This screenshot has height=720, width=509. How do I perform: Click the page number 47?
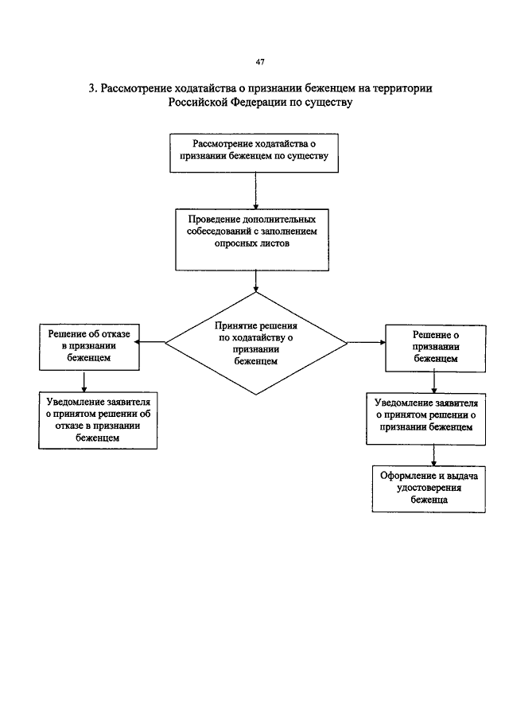(260, 62)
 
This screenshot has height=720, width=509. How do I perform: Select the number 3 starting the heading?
(91, 88)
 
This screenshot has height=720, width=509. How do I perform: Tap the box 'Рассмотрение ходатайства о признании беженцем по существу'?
(254, 153)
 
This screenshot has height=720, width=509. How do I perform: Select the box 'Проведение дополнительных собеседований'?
(252, 239)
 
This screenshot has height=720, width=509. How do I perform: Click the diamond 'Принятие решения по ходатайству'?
(255, 343)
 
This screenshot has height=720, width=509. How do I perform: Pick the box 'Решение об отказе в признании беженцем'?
(89, 347)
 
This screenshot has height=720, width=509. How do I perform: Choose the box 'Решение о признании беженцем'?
(436, 348)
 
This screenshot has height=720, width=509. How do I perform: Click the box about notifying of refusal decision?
(98, 420)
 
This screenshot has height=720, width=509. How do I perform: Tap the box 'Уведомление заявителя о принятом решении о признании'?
(426, 418)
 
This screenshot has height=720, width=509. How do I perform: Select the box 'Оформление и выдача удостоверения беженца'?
(429, 489)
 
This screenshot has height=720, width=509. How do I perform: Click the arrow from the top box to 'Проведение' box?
(255, 191)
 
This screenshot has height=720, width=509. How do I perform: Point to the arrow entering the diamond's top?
(255, 282)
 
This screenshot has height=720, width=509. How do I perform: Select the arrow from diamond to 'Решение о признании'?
(367, 343)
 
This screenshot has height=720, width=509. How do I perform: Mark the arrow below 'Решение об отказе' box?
(84, 381)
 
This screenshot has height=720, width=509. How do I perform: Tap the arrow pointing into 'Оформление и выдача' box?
(433, 456)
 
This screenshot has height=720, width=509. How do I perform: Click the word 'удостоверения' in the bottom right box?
(429, 488)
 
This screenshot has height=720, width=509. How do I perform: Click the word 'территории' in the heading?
(403, 88)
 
